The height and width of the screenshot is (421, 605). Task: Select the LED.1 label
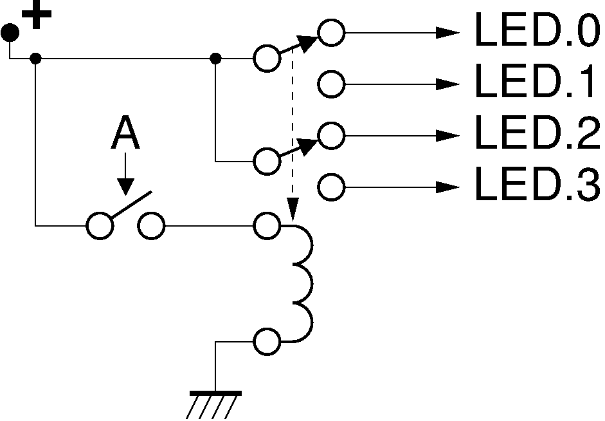coord(535,80)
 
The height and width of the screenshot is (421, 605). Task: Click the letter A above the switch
coord(125,132)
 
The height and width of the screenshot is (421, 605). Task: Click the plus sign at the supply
coord(37,15)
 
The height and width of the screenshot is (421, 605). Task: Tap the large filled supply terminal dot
coord(10,32)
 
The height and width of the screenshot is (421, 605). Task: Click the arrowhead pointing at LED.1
coord(447,84)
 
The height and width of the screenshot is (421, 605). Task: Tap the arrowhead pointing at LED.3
coord(447,187)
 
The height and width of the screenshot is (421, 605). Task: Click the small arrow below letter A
coord(125,174)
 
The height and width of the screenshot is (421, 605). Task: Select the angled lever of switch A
coord(132,204)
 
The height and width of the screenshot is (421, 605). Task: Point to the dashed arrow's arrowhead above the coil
coord(293,209)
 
